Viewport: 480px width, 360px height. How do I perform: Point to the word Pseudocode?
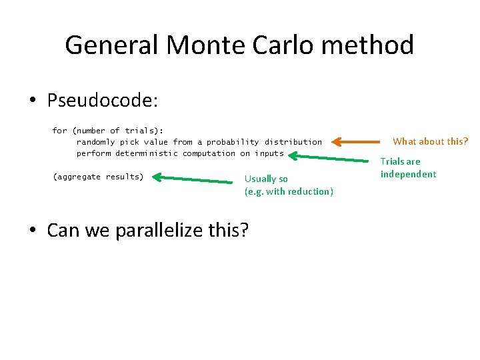[x=102, y=101]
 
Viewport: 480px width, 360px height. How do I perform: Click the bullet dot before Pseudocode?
[x=33, y=101]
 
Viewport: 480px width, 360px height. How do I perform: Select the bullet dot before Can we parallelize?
[x=33, y=231]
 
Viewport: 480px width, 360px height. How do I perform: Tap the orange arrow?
[x=356, y=141]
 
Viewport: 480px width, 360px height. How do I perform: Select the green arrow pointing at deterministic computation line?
[x=331, y=158]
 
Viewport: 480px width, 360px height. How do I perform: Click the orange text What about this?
[x=430, y=141]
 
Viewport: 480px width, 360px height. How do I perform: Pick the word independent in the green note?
[x=408, y=174]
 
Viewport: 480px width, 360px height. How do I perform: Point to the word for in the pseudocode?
[x=59, y=131]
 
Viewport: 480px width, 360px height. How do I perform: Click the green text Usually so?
[x=266, y=179]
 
